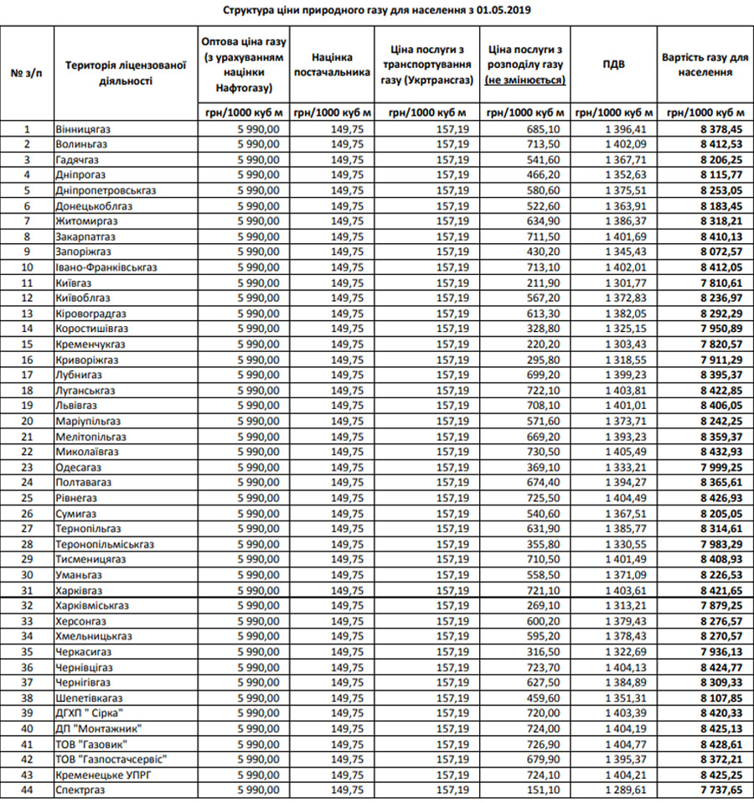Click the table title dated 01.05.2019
pos(377,11)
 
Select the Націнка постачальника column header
pos(331,65)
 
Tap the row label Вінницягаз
pos(84,129)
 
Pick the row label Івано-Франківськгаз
pos(106,267)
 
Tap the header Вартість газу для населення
pos(704,65)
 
